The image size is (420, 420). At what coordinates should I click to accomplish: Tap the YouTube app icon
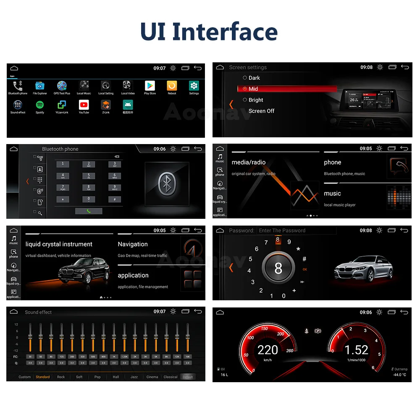coord(84,105)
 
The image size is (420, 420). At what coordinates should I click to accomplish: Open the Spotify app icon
coord(40,105)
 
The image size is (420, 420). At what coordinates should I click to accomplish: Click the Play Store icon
coord(150,86)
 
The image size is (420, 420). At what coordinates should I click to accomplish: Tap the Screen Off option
coord(261,111)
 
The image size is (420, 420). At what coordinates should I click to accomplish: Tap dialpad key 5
coord(89,176)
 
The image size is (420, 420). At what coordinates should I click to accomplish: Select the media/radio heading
coord(249,162)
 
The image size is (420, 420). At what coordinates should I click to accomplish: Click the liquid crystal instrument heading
coord(59,244)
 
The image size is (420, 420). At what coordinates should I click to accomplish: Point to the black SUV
coord(84,270)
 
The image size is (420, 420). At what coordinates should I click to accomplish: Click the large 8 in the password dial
coord(278,269)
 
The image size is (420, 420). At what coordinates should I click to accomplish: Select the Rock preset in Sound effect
coord(61,377)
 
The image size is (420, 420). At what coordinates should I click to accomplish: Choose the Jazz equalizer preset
coord(134,377)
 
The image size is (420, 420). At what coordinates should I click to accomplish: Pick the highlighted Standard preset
coord(43,377)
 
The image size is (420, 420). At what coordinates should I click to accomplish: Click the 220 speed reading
coord(268,350)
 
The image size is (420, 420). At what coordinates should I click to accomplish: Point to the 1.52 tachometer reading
coord(356,350)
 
